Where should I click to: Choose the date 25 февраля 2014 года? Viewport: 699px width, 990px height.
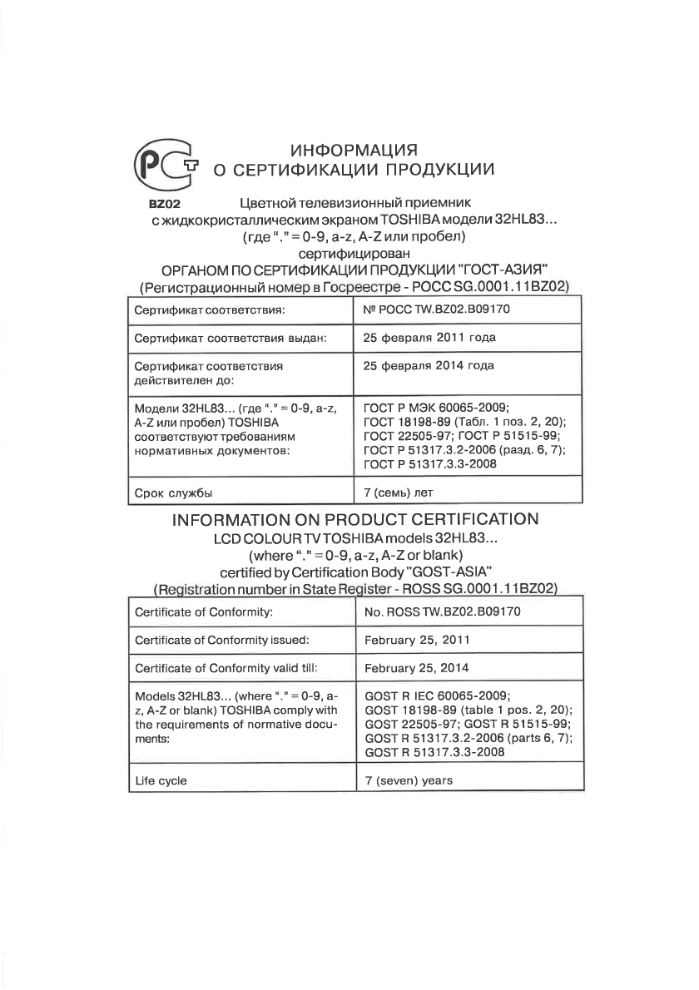(429, 365)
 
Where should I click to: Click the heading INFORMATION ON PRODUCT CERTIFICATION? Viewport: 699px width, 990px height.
(354, 520)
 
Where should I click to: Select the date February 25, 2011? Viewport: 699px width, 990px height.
(417, 641)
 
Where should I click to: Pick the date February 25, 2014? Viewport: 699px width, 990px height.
(417, 668)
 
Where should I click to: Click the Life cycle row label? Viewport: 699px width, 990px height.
(161, 781)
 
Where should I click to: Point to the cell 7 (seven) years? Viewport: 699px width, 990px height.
(409, 781)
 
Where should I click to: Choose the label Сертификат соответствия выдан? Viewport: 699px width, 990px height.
(231, 338)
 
